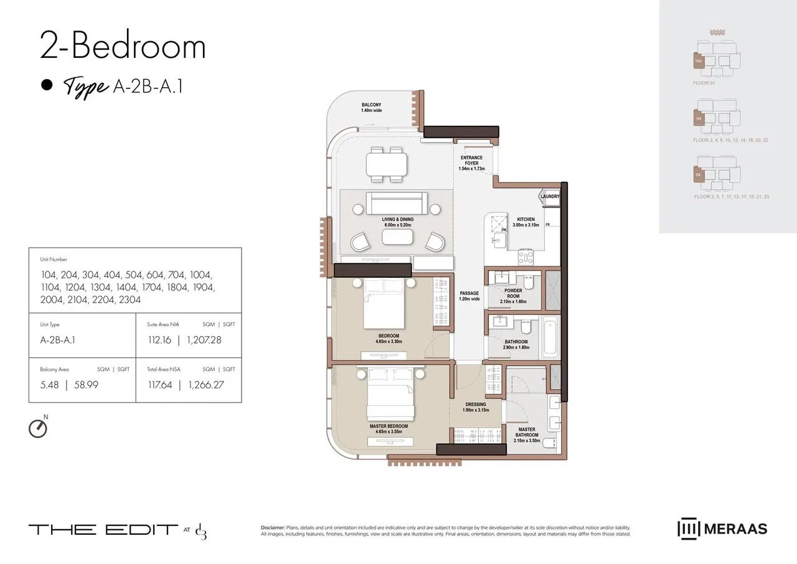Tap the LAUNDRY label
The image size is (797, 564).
coord(550,197)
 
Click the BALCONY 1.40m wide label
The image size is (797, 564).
coord(372,108)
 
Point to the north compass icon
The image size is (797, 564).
coord(38,428)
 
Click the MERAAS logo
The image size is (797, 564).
coord(722,529)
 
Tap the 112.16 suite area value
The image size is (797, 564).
coord(160,340)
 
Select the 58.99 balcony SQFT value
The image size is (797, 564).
coord(85,385)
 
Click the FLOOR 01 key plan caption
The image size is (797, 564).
coord(704,82)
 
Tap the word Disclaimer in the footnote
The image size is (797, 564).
coord(273,527)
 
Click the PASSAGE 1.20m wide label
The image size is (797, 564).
coord(469,296)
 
